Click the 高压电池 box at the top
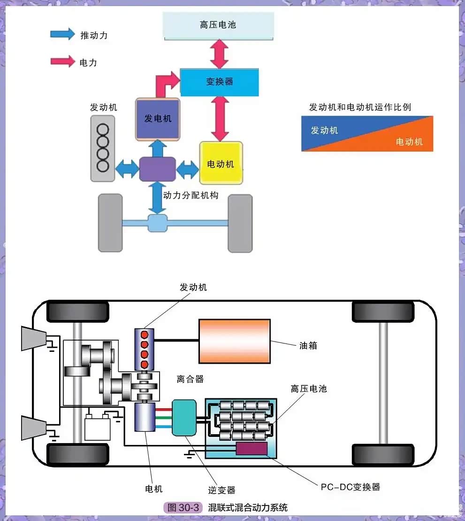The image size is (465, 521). tap(218, 25)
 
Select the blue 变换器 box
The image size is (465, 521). tap(220, 82)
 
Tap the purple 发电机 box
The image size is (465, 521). tap(158, 119)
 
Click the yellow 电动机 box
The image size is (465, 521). tap(221, 163)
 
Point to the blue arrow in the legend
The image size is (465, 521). tap(62, 34)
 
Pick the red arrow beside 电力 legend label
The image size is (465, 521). tap(62, 62)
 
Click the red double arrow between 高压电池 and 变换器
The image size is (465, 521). tap(220, 54)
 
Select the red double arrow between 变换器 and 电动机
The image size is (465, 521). tap(220, 118)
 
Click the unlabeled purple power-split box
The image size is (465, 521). tap(157, 169)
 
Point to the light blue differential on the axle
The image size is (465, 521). tap(157, 223)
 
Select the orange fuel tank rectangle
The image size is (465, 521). tap(234, 341)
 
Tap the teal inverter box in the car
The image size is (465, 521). tap(184, 418)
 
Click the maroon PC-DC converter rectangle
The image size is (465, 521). tap(252, 449)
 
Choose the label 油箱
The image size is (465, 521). tap(308, 346)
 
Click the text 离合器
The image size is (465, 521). tap(190, 379)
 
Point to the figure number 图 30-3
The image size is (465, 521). tap(183, 508)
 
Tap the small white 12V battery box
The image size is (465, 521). tap(97, 428)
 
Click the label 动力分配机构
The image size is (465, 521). tap(191, 195)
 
